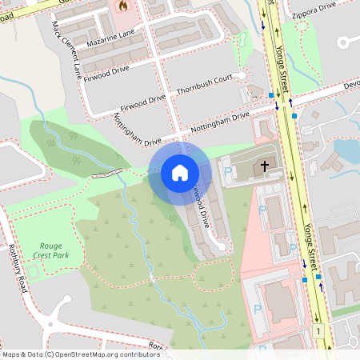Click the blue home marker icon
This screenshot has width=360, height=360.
[180, 173]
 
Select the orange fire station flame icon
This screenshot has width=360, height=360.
[122, 6]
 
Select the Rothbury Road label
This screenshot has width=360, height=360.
[18, 268]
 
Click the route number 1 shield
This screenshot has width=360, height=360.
[318, 331]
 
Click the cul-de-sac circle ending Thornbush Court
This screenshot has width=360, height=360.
[255, 90]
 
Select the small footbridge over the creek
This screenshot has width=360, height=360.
[107, 173]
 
